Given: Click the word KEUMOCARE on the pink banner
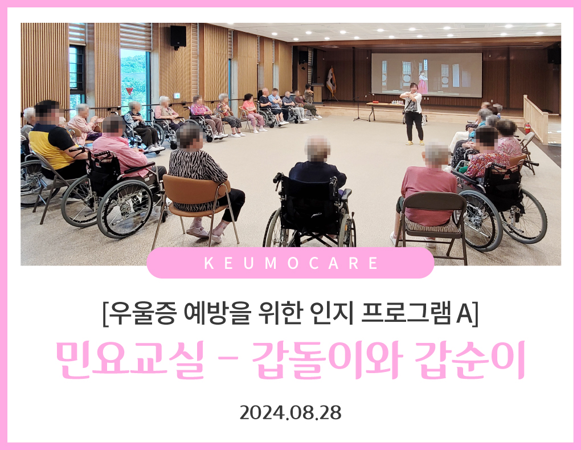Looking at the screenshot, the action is coord(291,263).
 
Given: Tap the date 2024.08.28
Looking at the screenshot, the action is coord(290,412).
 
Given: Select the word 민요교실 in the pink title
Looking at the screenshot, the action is coord(130,359).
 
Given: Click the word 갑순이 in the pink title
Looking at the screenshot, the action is coord(469,359).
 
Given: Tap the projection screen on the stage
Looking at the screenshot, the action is coord(427,74).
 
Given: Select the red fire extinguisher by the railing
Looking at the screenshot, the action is coord(527,128).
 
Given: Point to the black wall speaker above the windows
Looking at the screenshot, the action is coord(178,36).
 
